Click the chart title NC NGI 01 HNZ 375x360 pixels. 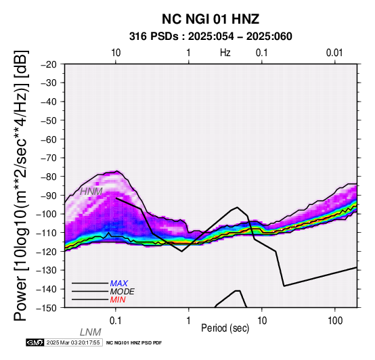[211, 19]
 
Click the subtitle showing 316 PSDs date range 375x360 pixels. [211, 37]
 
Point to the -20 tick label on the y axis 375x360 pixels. [49, 64]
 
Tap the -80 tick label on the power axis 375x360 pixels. [49, 177]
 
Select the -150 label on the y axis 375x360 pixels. [47, 308]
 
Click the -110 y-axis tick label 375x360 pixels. [47, 233]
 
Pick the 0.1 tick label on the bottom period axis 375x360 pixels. [115, 321]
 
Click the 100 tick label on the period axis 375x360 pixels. [335, 321]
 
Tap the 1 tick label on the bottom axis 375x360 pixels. [188, 321]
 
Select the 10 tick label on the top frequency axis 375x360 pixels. [116, 53]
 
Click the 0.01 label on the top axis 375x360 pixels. [334, 53]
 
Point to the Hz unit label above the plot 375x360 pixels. [225, 53]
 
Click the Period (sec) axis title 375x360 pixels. [225, 328]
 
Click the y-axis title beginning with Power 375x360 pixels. [21, 185]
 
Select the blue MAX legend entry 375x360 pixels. [119, 284]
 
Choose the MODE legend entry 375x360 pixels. [123, 292]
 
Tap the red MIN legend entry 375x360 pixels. [118, 300]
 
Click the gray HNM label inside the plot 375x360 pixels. [91, 192]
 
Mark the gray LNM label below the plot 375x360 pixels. [91, 332]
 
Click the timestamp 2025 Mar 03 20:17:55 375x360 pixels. [73, 342]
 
